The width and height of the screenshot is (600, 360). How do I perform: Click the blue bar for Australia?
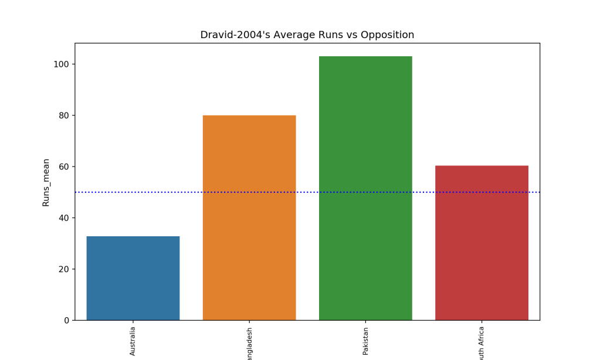133,278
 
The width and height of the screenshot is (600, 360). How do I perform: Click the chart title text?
307,35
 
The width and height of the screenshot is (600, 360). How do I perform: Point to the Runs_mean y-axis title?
46,182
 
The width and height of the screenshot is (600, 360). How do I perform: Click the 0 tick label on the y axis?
66,321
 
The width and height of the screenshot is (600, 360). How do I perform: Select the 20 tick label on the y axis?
63,269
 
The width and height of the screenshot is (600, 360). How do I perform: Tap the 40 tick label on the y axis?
63,218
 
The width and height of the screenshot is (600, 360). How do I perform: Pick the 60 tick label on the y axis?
63,167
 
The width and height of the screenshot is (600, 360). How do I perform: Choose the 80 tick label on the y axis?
63,116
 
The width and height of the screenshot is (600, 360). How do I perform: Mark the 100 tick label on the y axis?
61,64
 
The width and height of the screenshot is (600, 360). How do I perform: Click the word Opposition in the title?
387,35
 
